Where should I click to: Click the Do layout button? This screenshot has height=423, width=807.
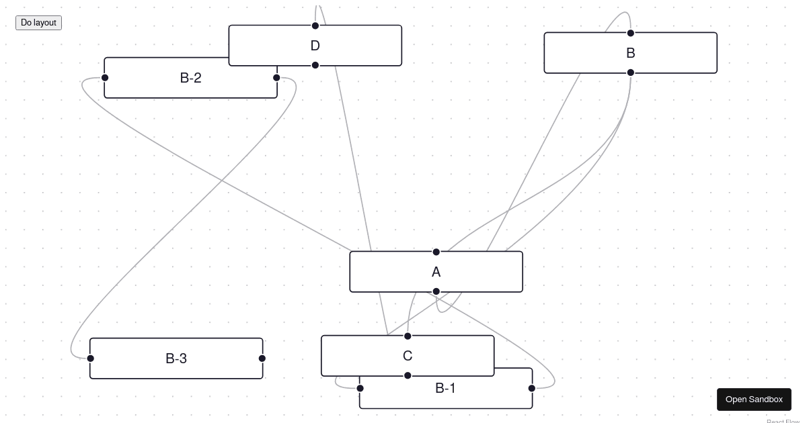[38, 23]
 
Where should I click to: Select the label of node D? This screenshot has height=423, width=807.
[315, 46]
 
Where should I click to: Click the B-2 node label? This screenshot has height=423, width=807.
[190, 78]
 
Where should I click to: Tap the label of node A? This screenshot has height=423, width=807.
[436, 272]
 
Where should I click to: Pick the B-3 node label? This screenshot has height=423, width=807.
[176, 359]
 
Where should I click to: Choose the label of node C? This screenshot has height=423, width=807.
[408, 356]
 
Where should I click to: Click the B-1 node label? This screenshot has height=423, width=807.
[446, 388]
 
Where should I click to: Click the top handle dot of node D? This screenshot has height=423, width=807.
[315, 26]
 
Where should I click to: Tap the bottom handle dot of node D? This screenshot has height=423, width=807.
[315, 65]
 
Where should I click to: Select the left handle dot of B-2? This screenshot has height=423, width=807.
[105, 78]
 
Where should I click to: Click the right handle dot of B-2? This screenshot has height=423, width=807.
[276, 78]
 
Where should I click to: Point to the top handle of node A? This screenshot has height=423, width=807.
[436, 252]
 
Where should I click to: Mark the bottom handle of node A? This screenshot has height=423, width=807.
[436, 291]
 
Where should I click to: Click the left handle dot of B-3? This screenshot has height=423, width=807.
[91, 359]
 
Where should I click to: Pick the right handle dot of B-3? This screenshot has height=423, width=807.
[262, 359]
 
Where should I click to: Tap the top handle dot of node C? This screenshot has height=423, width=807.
[408, 336]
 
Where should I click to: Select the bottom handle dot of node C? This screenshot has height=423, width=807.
[408, 375]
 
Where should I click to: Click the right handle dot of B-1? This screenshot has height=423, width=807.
[532, 388]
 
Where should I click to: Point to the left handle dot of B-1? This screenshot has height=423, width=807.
[360, 388]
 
